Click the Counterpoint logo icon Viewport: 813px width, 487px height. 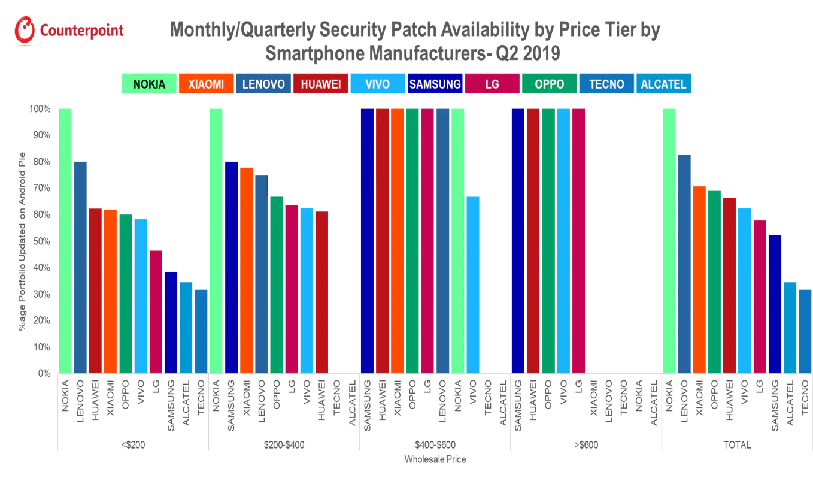pos(25,30)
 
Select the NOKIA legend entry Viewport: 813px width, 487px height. pos(149,84)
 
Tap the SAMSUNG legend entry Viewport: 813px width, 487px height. pos(435,84)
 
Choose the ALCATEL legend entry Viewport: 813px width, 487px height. pos(663,84)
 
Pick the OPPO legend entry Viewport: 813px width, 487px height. pos(549,84)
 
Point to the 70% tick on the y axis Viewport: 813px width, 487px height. pos(41,188)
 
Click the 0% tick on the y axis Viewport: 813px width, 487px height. pos(44,373)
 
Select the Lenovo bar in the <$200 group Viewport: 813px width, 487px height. pos(80,267)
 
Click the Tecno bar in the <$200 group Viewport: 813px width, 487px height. pos(201,331)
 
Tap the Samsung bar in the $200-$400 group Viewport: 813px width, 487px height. pos(231,267)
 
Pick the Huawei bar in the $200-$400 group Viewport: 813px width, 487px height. pos(321,292)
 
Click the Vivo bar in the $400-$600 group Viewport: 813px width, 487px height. pos(473,285)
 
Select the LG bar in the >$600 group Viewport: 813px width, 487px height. pos(578,241)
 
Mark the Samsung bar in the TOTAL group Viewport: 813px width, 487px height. pos(775,304)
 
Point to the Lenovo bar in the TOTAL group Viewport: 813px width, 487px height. pos(684,264)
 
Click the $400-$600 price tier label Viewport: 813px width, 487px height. pos(435,445)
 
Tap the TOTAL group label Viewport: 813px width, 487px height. pos(737,445)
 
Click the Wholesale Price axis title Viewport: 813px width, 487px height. pos(435,459)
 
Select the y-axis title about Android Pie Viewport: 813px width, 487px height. pos(22,241)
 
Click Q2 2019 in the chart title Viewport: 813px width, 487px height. pos(528,53)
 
